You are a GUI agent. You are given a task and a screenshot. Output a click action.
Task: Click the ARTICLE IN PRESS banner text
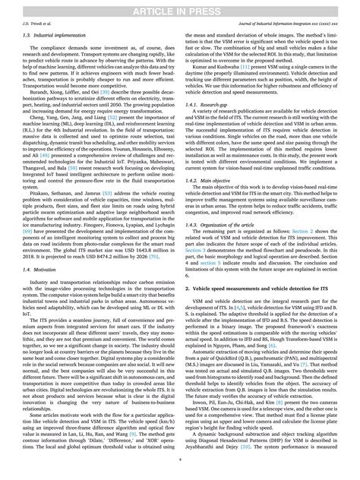pos(180,7)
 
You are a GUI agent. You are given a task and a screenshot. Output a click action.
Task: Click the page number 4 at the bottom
pos(180,460)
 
